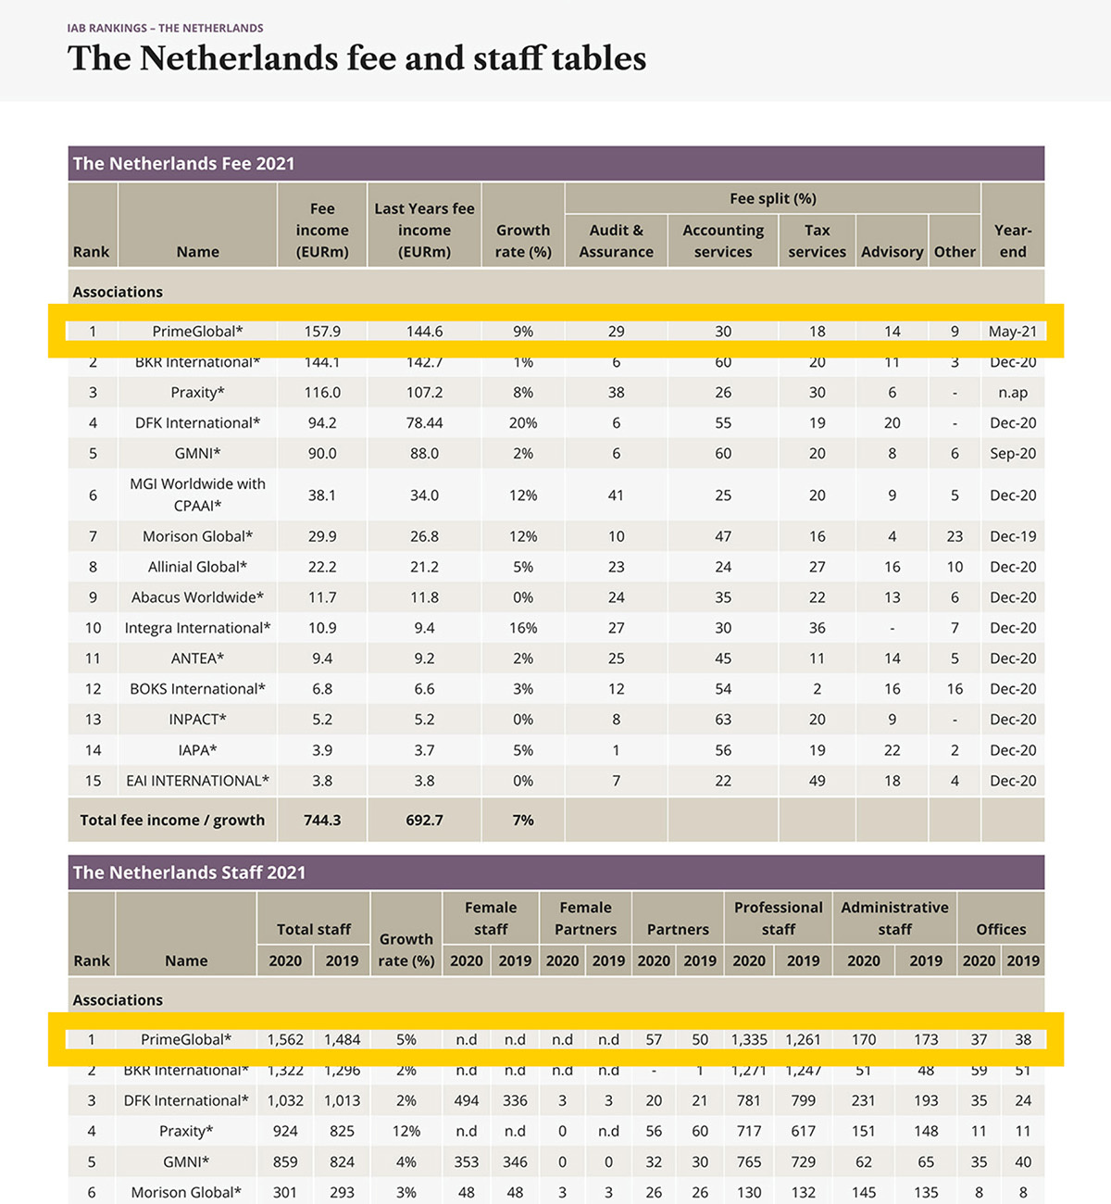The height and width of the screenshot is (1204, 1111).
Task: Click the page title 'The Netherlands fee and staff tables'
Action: click(x=356, y=58)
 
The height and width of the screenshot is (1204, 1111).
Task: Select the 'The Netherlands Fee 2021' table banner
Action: click(x=183, y=164)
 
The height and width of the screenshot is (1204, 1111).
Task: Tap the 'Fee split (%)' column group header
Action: click(x=772, y=198)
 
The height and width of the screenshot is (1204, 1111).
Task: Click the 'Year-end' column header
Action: click(x=1012, y=241)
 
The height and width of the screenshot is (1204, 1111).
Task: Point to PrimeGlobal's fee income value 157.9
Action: click(x=322, y=332)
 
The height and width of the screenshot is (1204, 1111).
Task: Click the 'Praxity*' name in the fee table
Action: click(x=197, y=393)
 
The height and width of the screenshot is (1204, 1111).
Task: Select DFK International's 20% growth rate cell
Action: click(x=523, y=423)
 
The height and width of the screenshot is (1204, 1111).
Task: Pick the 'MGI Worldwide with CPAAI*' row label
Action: click(x=197, y=495)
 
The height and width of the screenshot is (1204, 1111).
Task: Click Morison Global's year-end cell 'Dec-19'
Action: click(x=1013, y=536)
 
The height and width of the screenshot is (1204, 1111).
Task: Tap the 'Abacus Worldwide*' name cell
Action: click(x=197, y=597)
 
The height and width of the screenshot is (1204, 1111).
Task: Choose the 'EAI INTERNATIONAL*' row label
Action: click(x=197, y=781)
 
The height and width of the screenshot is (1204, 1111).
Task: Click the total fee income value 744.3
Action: click(x=322, y=821)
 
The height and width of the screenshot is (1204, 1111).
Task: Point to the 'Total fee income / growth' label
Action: click(x=172, y=821)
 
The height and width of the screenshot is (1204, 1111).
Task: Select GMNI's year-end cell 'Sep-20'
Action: click(x=1013, y=454)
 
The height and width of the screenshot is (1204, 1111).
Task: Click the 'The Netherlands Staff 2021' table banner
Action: click(x=189, y=872)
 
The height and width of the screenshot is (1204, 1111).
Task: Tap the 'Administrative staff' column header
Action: click(x=894, y=918)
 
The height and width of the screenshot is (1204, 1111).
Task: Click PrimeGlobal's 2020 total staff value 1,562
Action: click(x=285, y=1040)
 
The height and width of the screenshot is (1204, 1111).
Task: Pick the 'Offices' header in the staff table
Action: click(x=1001, y=929)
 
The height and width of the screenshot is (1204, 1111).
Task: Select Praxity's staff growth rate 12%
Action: click(x=406, y=1131)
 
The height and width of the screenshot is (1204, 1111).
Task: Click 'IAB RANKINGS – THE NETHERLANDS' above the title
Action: click(x=165, y=28)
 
